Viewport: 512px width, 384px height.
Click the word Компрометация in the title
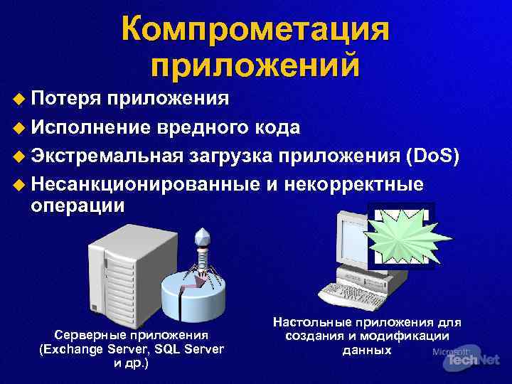coord(255,29)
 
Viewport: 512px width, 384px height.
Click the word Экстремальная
coord(107,156)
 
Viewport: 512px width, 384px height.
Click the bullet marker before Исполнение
coord(20,127)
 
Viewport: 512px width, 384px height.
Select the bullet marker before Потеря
coord(20,98)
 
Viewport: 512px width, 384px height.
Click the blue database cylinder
coord(196,299)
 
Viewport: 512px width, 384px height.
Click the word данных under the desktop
coord(366,350)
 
